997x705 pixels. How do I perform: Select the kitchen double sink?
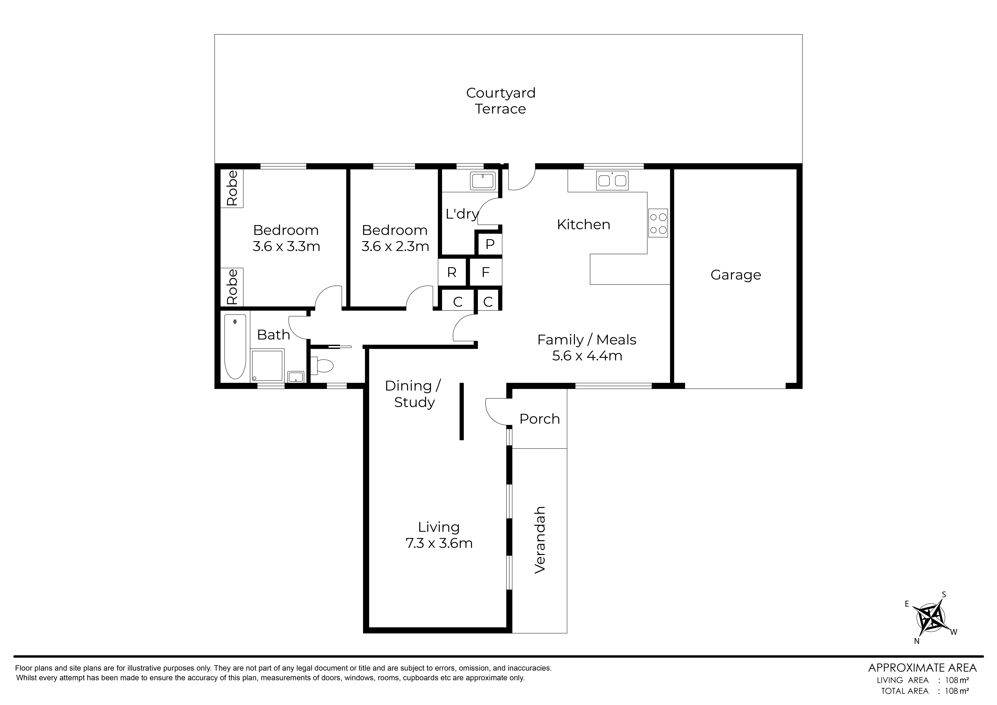click(612, 180)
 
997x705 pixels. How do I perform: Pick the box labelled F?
click(486, 272)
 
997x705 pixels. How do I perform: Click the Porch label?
click(540, 419)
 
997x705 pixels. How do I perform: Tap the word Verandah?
click(540, 540)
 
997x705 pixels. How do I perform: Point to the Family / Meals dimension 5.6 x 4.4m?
click(587, 356)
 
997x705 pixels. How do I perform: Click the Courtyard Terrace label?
click(501, 101)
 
